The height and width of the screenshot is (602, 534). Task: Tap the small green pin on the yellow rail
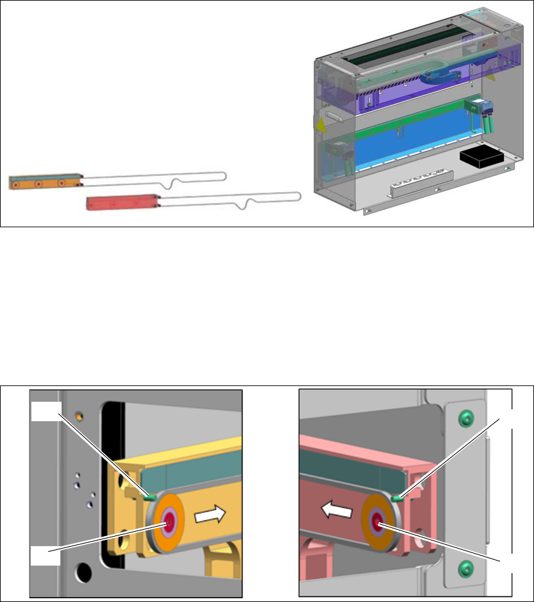point(150,497)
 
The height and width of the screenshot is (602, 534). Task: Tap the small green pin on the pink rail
point(395,498)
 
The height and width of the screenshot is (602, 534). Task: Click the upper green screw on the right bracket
point(466,417)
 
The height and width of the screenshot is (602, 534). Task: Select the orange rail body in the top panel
point(44,183)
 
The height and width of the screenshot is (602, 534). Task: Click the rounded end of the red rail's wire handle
point(297,196)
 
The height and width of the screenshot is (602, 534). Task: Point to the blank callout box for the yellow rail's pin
point(45,411)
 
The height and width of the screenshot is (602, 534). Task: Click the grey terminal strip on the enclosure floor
point(417,183)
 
